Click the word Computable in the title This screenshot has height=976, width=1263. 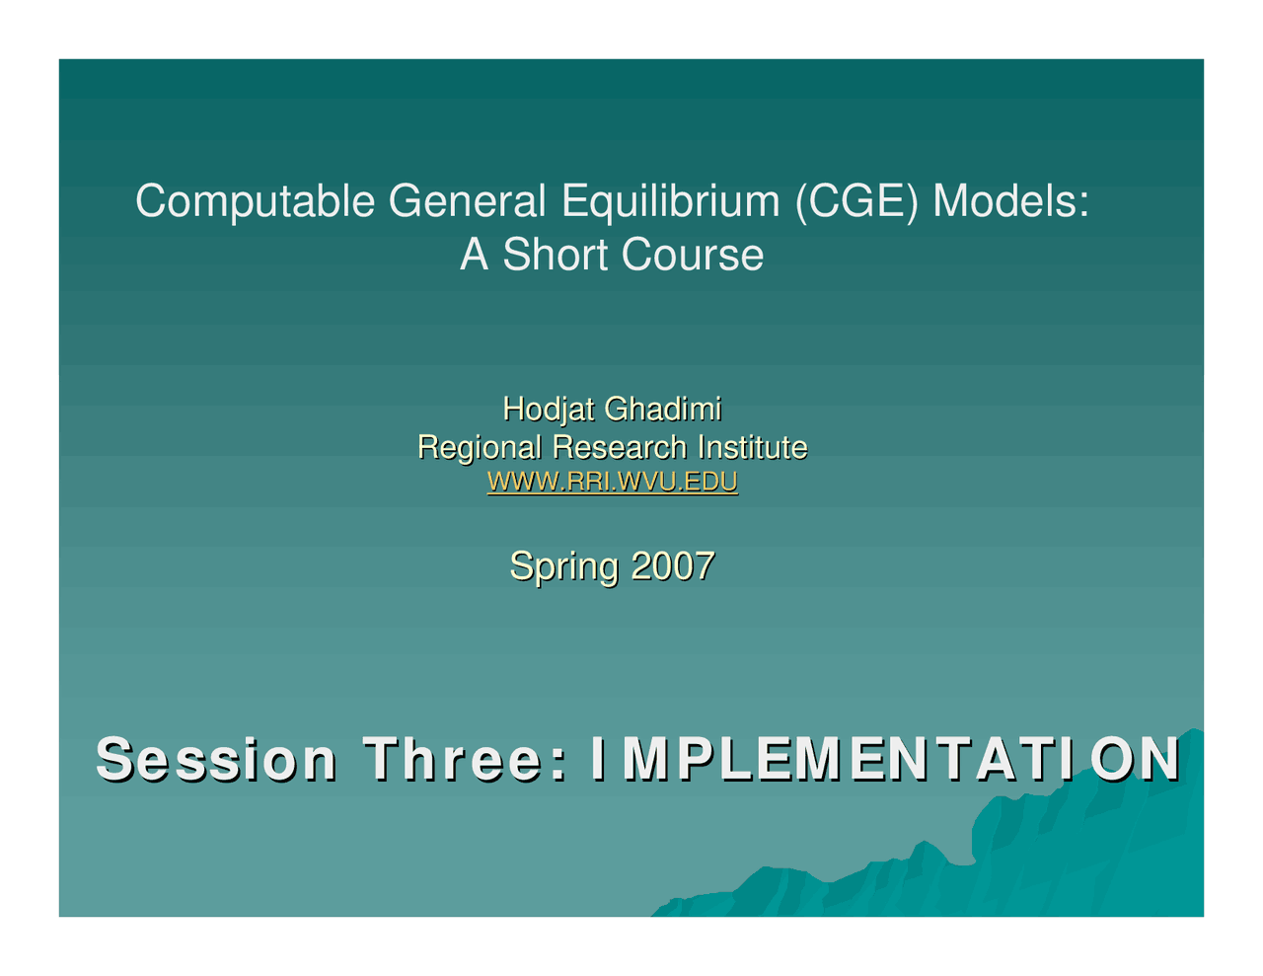tap(256, 202)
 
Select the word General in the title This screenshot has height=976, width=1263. tap(467, 202)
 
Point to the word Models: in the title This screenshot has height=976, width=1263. tap(1010, 202)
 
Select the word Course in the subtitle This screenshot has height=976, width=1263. tap(693, 255)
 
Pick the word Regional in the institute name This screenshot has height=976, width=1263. tap(479, 447)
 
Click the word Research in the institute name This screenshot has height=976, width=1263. tap(619, 447)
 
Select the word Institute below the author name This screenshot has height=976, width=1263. tap(752, 447)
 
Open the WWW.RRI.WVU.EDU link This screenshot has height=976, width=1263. tap(612, 483)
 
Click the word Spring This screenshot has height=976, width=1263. tap(564, 566)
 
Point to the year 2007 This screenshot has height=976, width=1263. tap(672, 566)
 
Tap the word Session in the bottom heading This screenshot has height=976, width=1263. tap(216, 759)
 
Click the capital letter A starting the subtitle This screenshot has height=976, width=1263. tap(474, 255)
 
